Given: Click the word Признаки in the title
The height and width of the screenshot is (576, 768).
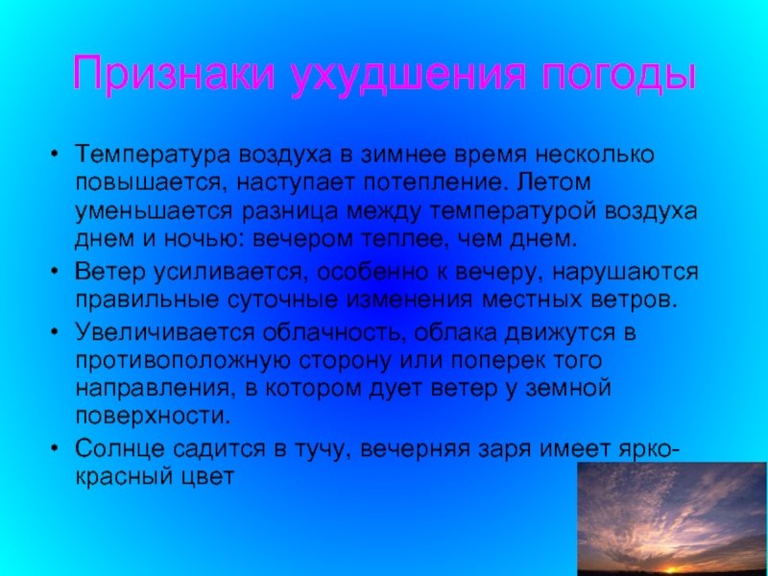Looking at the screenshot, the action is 173,73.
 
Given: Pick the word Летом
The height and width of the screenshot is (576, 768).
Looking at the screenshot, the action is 554,182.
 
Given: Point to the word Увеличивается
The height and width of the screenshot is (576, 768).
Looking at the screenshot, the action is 165,333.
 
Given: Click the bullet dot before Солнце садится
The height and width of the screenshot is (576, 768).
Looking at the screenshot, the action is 55,448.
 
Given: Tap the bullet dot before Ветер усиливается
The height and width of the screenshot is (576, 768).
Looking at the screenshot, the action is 55,271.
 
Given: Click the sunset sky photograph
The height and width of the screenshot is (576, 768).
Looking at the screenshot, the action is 673,518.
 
